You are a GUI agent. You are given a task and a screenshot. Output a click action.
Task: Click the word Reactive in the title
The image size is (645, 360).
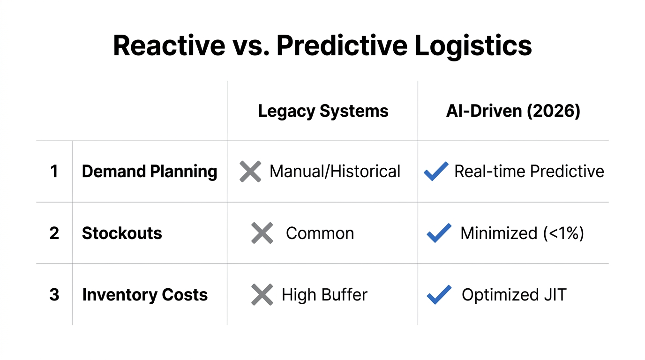(x=169, y=45)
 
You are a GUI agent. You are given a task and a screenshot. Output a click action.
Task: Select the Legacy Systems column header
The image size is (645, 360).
(x=323, y=111)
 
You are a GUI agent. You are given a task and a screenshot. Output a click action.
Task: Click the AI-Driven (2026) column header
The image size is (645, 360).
(x=513, y=111)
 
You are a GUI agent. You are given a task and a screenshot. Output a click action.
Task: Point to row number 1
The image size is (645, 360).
(x=54, y=172)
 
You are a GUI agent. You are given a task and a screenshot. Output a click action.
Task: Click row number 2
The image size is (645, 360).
(x=54, y=233)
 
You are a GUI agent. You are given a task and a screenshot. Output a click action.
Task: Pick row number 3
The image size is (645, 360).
(x=54, y=295)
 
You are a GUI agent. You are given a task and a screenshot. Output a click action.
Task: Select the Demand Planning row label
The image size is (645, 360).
(x=150, y=172)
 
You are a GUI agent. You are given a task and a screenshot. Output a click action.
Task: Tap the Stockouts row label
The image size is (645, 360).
(x=122, y=233)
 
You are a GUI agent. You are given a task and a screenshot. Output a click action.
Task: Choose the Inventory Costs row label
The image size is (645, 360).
(x=145, y=295)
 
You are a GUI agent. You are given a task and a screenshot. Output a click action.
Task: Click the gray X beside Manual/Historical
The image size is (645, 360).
(x=250, y=172)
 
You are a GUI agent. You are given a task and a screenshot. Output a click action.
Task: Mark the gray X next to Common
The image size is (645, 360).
(x=262, y=233)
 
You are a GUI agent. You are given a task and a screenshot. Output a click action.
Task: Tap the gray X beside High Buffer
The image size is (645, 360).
(x=262, y=295)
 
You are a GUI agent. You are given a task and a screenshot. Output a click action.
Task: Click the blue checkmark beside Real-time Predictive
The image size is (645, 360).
(x=436, y=172)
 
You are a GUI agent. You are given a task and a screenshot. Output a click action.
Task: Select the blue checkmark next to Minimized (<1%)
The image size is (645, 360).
(x=439, y=233)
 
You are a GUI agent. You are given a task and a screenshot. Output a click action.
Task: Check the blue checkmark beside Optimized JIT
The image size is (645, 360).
(x=439, y=295)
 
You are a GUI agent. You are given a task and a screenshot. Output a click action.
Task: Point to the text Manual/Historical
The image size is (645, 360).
(x=335, y=172)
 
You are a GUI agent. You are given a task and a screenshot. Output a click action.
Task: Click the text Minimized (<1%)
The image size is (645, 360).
(x=522, y=233)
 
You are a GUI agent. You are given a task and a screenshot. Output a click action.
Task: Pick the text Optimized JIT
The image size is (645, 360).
(x=514, y=295)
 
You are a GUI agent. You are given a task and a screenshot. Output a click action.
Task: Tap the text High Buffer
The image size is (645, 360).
(x=324, y=295)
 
